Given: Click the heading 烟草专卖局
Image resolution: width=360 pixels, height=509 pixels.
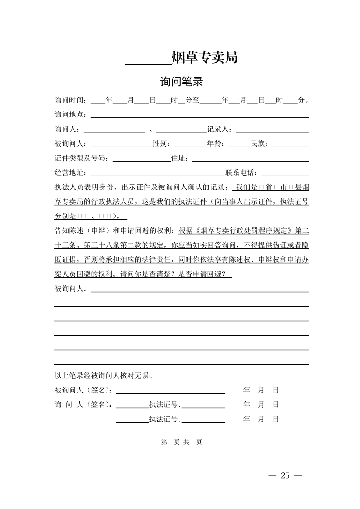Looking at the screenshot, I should click(x=204, y=58).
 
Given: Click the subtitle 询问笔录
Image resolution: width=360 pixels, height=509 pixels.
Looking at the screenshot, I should click(x=181, y=82).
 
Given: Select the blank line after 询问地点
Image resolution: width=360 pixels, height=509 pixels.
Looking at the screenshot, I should click(x=200, y=116).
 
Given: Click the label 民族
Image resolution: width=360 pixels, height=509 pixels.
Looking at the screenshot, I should click(x=259, y=144).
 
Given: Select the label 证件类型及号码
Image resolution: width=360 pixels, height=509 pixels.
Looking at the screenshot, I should click(x=81, y=158).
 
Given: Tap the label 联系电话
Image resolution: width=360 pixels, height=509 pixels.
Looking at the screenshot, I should click(x=241, y=173).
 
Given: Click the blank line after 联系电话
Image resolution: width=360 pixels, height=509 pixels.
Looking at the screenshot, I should click(x=285, y=175).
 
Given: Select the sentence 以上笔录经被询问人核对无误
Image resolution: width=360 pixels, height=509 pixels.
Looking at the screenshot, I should click(x=106, y=376).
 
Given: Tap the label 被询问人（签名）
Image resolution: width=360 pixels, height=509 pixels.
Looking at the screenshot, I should click(x=84, y=390).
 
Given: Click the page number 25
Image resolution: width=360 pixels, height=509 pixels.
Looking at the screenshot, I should click(x=285, y=475).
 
